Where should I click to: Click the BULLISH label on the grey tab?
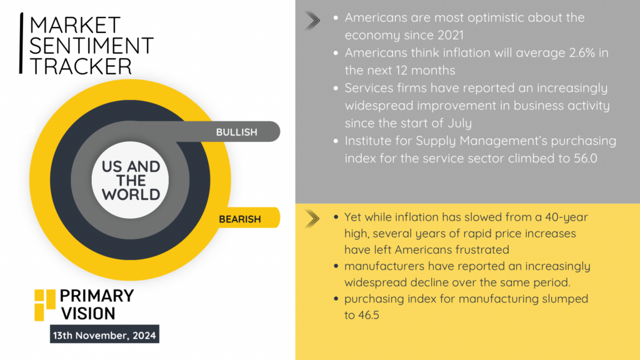237,132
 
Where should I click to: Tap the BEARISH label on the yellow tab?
239,219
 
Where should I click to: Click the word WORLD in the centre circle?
131,195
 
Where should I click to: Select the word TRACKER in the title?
81,66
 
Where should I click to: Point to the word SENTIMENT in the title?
91,45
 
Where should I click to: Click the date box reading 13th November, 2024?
104,334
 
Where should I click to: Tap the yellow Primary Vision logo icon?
45,305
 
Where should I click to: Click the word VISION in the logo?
88,314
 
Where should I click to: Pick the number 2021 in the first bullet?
451,35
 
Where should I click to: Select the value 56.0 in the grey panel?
585,158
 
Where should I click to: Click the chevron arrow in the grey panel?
312,21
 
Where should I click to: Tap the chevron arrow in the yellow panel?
312,219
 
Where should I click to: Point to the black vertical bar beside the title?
21,43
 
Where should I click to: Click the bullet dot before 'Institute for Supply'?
336,141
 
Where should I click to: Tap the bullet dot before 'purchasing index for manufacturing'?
336,299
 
